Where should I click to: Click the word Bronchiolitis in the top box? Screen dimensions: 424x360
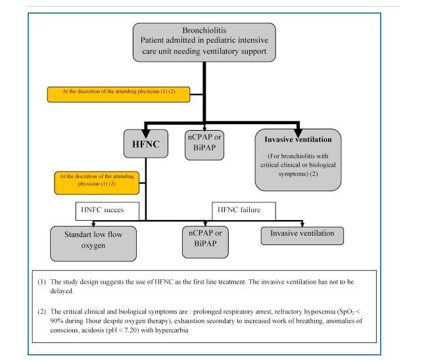click(204, 30)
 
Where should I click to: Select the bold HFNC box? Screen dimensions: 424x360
click(146, 144)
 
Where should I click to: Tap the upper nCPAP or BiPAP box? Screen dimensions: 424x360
click(204, 145)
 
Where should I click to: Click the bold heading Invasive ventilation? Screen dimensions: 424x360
click(298, 139)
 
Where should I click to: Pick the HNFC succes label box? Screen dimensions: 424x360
click(107, 211)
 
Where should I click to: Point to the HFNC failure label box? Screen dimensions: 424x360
click(244, 211)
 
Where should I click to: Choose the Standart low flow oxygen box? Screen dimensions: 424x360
click(93, 244)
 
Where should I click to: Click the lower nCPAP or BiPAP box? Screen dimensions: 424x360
click(205, 242)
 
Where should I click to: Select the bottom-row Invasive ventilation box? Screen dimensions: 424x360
click(302, 236)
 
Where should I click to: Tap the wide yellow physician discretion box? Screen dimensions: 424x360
click(118, 95)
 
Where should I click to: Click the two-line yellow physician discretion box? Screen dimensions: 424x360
click(97, 183)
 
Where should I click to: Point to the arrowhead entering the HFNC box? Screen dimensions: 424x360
click(146, 134)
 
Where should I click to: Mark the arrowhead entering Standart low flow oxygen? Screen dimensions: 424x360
click(93, 224)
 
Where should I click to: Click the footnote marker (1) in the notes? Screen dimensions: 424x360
click(41, 282)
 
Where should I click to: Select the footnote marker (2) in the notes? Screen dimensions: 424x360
click(41, 311)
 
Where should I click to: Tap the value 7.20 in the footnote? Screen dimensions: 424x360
click(131, 330)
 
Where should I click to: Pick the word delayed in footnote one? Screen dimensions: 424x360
click(62, 291)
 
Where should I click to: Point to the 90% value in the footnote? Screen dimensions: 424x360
click(57, 321)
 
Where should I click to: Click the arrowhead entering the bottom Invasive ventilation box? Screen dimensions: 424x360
click(302, 224)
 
